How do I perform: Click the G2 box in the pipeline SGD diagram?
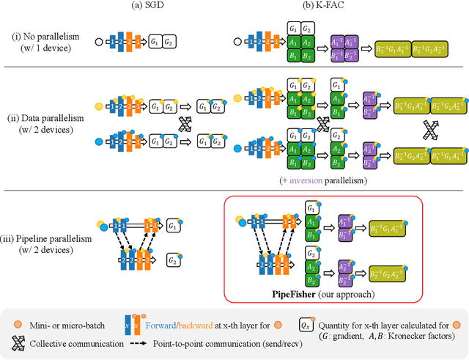174,260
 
